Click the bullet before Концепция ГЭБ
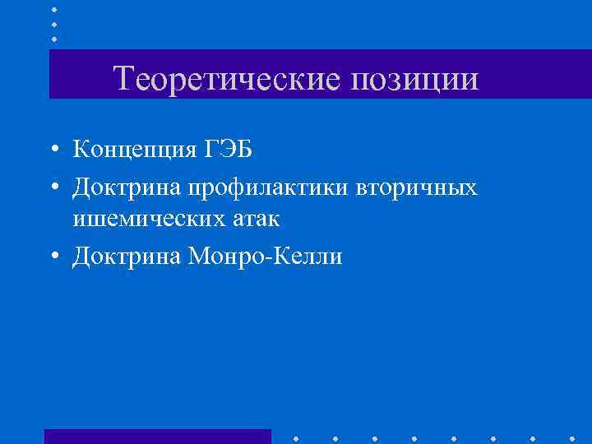pos(53,150)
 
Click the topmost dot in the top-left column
pos(54,9)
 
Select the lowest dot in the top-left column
pos(54,39)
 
